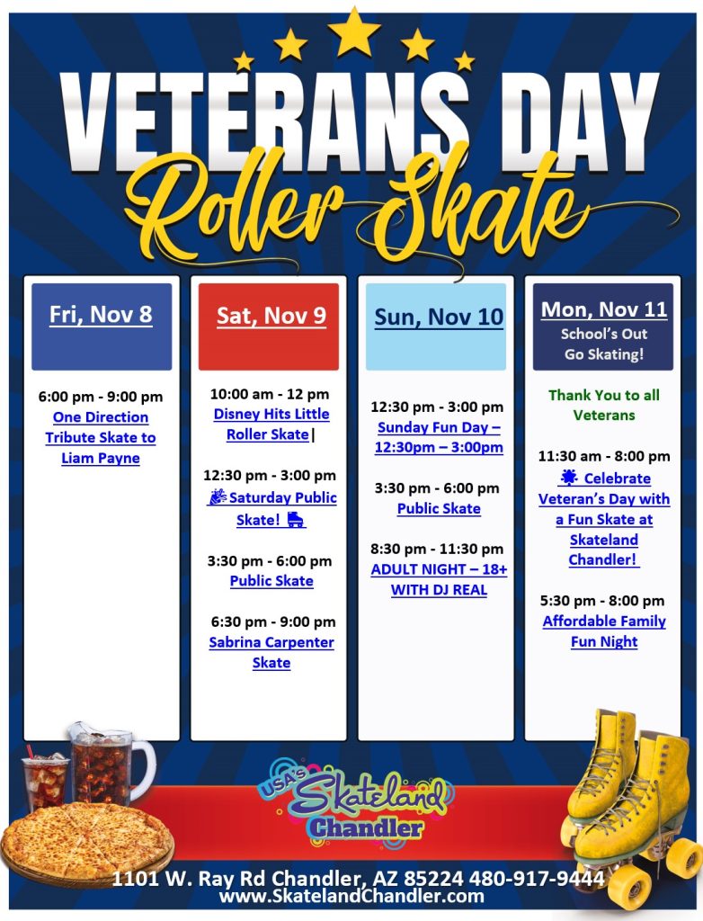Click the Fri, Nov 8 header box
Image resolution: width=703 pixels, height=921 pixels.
[101, 326]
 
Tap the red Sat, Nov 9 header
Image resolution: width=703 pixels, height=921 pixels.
[270, 326]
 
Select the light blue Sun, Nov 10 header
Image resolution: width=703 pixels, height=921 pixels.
[438, 326]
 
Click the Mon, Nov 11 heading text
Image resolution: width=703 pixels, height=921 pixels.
[603, 310]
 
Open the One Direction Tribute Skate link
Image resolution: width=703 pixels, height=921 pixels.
[101, 438]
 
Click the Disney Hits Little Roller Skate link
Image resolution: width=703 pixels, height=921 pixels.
[271, 425]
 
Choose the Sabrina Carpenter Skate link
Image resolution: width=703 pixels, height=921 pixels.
[271, 653]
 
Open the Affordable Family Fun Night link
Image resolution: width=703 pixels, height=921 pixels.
[604, 631]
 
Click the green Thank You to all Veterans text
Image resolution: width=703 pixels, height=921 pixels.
[604, 405]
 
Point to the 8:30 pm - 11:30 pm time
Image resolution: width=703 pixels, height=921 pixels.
[439, 549]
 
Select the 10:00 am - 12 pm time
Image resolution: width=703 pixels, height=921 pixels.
[270, 394]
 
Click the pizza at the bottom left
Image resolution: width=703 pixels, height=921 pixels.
[86, 840]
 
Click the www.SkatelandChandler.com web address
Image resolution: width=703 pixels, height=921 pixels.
[351, 897]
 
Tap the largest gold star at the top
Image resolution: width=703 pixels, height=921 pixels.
[354, 33]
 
